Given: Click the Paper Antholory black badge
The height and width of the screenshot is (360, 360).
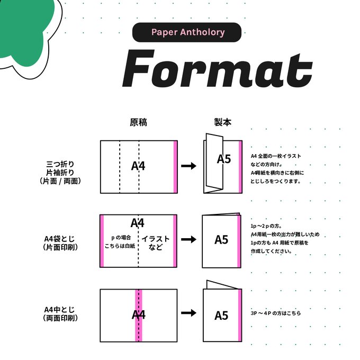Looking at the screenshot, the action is coord(187,32).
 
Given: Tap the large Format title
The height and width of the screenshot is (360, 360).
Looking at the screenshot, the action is coord(218,68).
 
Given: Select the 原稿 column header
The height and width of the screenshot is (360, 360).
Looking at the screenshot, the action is coord(139,122).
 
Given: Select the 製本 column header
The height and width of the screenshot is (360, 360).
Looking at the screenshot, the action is coord(222,122).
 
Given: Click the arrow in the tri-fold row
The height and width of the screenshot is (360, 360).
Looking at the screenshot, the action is coord(188,166).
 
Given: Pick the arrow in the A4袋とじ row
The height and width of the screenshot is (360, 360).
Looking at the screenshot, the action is coord(188,239).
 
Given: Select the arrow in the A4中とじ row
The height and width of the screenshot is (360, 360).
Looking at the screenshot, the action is coord(188,313).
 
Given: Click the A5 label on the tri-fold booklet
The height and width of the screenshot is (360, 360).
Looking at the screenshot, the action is coord(224,159).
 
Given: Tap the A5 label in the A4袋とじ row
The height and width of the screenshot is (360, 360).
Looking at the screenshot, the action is coord(221,240).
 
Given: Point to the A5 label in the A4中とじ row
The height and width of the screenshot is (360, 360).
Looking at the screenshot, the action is coord(221,316).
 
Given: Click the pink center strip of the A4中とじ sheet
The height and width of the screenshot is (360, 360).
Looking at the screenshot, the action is coord(139,316).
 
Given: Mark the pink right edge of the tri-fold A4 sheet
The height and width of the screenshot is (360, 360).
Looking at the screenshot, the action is coord(175,167).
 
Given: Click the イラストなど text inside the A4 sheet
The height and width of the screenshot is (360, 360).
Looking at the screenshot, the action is coord(156,243).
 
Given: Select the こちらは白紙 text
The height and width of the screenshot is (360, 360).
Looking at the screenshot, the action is coord(120,246).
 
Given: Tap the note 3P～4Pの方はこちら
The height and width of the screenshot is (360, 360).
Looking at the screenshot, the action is coord(275,313).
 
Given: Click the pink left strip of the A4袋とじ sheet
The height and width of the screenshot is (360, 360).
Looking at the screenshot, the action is coord(102,241).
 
